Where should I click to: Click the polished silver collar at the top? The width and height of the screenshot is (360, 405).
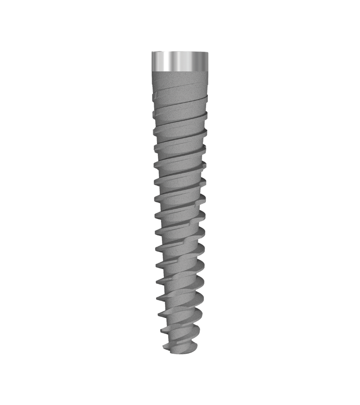[180, 62]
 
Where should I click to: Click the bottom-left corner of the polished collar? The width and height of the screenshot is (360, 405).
[152, 71]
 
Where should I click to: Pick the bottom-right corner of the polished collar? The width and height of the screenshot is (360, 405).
[208, 71]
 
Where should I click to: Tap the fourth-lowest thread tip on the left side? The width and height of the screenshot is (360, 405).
[158, 297]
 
